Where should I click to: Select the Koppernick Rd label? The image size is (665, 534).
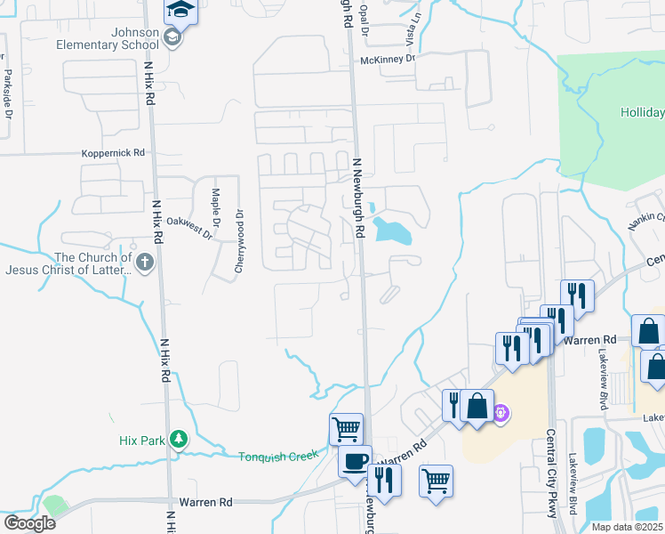tap(113, 153)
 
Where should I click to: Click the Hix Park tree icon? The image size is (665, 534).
tap(180, 439)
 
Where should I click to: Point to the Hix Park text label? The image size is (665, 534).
tap(142, 440)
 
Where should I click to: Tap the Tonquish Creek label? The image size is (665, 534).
tap(277, 457)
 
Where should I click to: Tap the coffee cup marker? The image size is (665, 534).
tap(356, 461)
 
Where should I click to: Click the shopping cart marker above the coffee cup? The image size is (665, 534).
tap(345, 429)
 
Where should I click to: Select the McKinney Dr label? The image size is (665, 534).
tap(388, 59)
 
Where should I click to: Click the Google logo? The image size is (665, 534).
tap(28, 523)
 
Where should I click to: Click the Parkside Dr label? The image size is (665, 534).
tap(7, 94)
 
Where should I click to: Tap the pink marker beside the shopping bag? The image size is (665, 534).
tap(501, 413)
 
